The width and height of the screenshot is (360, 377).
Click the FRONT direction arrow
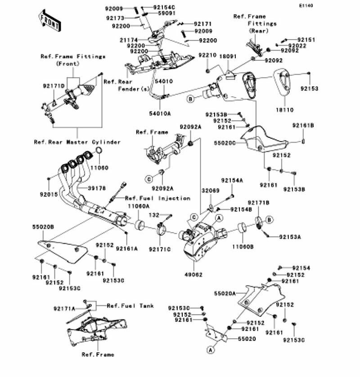point(49,20)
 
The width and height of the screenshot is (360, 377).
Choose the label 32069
point(210,191)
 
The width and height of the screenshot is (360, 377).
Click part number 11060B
point(243,246)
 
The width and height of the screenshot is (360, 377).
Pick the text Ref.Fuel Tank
point(130,305)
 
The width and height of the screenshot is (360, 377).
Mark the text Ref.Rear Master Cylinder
point(77,142)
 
